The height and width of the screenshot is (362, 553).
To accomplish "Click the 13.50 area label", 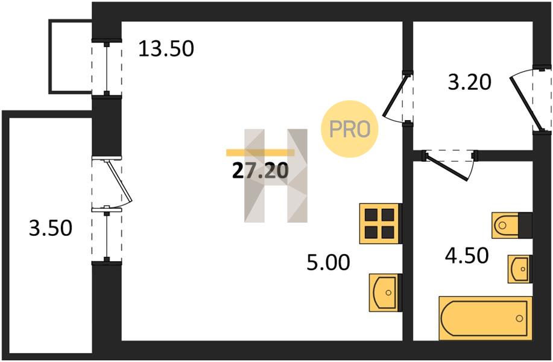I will pos(166,48).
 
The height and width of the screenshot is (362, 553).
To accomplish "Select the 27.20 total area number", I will pos(260,171).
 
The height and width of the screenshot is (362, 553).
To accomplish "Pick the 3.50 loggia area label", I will pos(51,228).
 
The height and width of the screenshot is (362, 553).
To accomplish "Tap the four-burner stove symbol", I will pos(380,223).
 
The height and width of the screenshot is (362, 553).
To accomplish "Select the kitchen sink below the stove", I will pos(385,292).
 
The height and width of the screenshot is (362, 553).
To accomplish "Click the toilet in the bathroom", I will pos(511,226).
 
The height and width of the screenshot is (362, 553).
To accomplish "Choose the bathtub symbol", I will pos(485,318).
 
